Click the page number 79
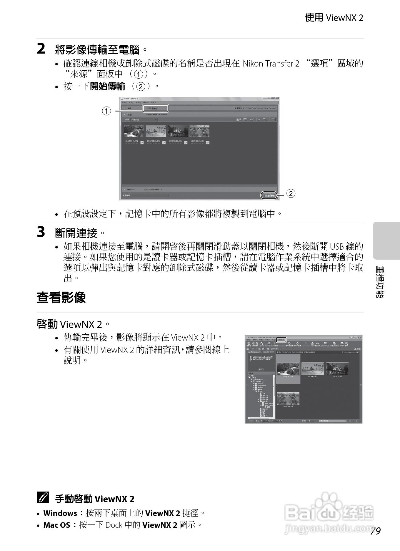coord(376,531)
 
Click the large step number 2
coord(41,49)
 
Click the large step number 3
coord(41,232)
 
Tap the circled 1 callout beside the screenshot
coord(106,111)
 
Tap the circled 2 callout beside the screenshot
coord(291,193)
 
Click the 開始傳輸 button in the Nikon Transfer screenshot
coord(269,195)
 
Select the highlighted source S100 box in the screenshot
coord(155,108)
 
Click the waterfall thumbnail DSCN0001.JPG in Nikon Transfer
coord(134,131)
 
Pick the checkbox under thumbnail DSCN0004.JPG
coord(208,142)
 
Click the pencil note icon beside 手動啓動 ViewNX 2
coord(43,498)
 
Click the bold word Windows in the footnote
coord(60,513)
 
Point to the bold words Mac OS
coord(57,525)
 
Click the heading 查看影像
coord(61,297)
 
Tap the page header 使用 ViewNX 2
coord(334,18)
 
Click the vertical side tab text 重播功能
coord(380,282)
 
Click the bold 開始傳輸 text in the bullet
coord(107,86)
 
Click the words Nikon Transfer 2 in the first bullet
coord(271,64)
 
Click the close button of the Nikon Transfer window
coord(275,98)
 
